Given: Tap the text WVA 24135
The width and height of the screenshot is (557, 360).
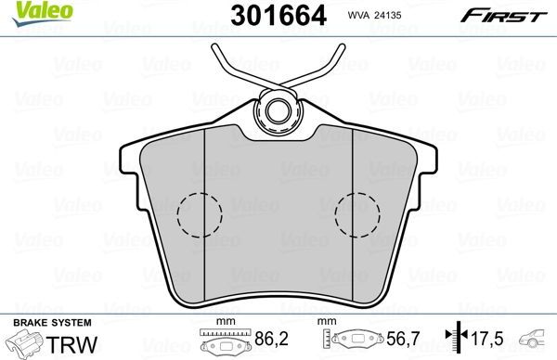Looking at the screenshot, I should pos(374,15).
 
